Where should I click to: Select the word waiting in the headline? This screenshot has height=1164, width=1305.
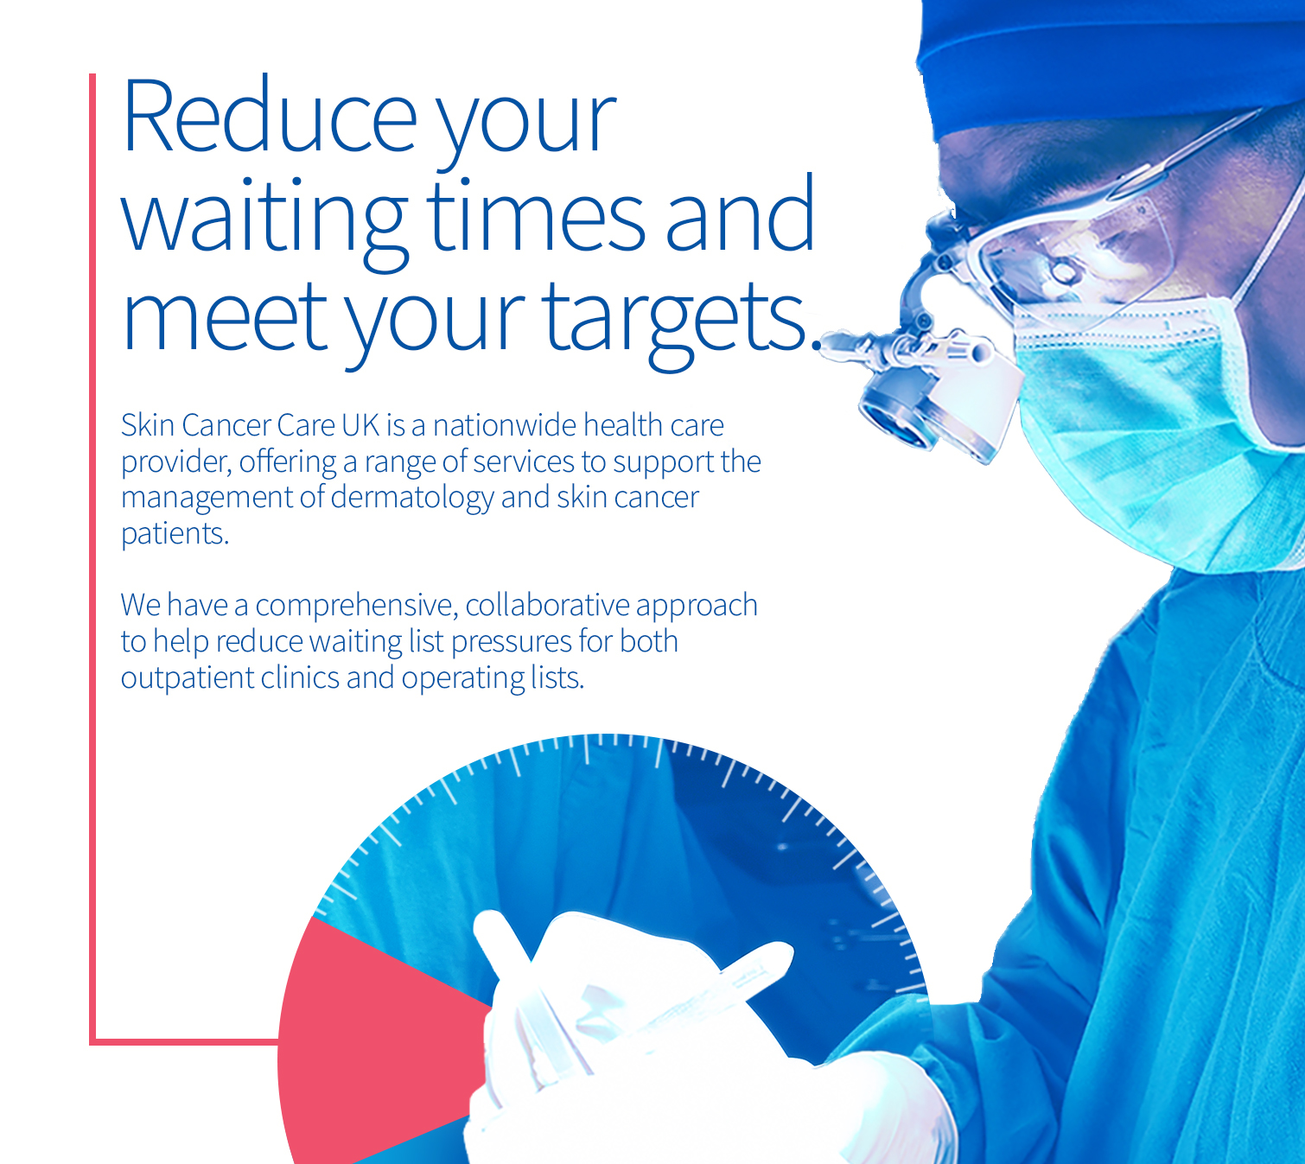[x=264, y=223]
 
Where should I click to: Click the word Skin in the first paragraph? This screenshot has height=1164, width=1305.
[x=148, y=425]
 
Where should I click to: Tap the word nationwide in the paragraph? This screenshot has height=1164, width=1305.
[x=505, y=425]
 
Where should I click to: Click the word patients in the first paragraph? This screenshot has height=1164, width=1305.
[x=175, y=534]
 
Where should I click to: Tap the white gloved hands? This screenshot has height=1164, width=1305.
[x=644, y=1044]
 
